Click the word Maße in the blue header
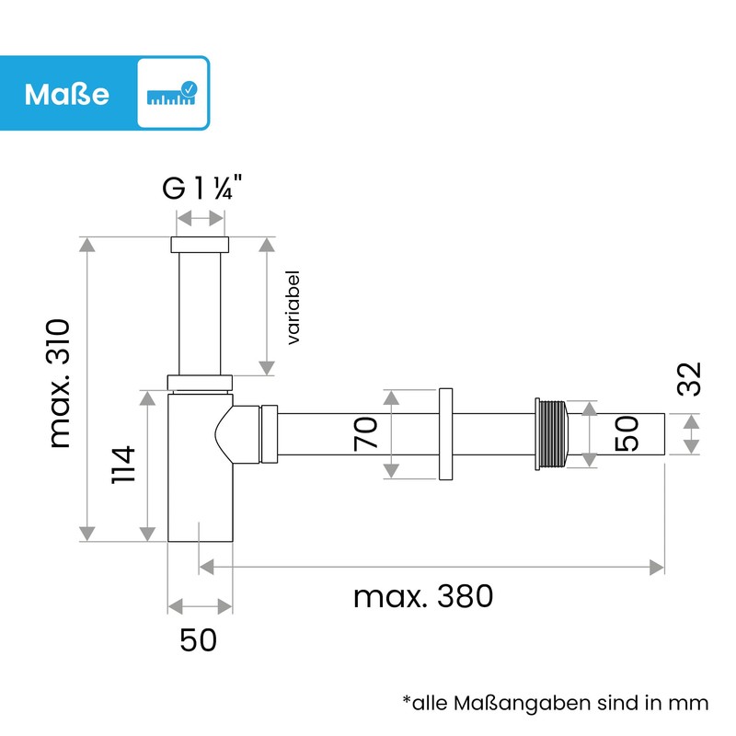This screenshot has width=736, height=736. coord(67,94)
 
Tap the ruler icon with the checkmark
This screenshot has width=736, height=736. coord(172,94)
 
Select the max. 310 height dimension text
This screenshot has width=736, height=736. coord(60,384)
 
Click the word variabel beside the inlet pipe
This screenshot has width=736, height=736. coord(293,308)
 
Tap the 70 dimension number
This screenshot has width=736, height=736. coord(366,432)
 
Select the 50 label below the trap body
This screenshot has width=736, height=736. coord(198,639)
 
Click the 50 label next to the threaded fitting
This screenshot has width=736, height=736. coord(626,432)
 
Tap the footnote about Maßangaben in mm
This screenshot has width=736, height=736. coord(555,703)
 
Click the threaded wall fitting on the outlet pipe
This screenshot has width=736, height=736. coord(551,433)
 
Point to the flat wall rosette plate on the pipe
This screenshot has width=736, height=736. coord(447,433)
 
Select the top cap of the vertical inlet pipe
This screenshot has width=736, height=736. coord(200,246)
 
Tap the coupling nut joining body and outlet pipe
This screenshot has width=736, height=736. coord(269,433)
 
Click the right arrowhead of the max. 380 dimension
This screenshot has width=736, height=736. coord(657,566)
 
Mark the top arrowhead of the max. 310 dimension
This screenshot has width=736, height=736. coord(87,245)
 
